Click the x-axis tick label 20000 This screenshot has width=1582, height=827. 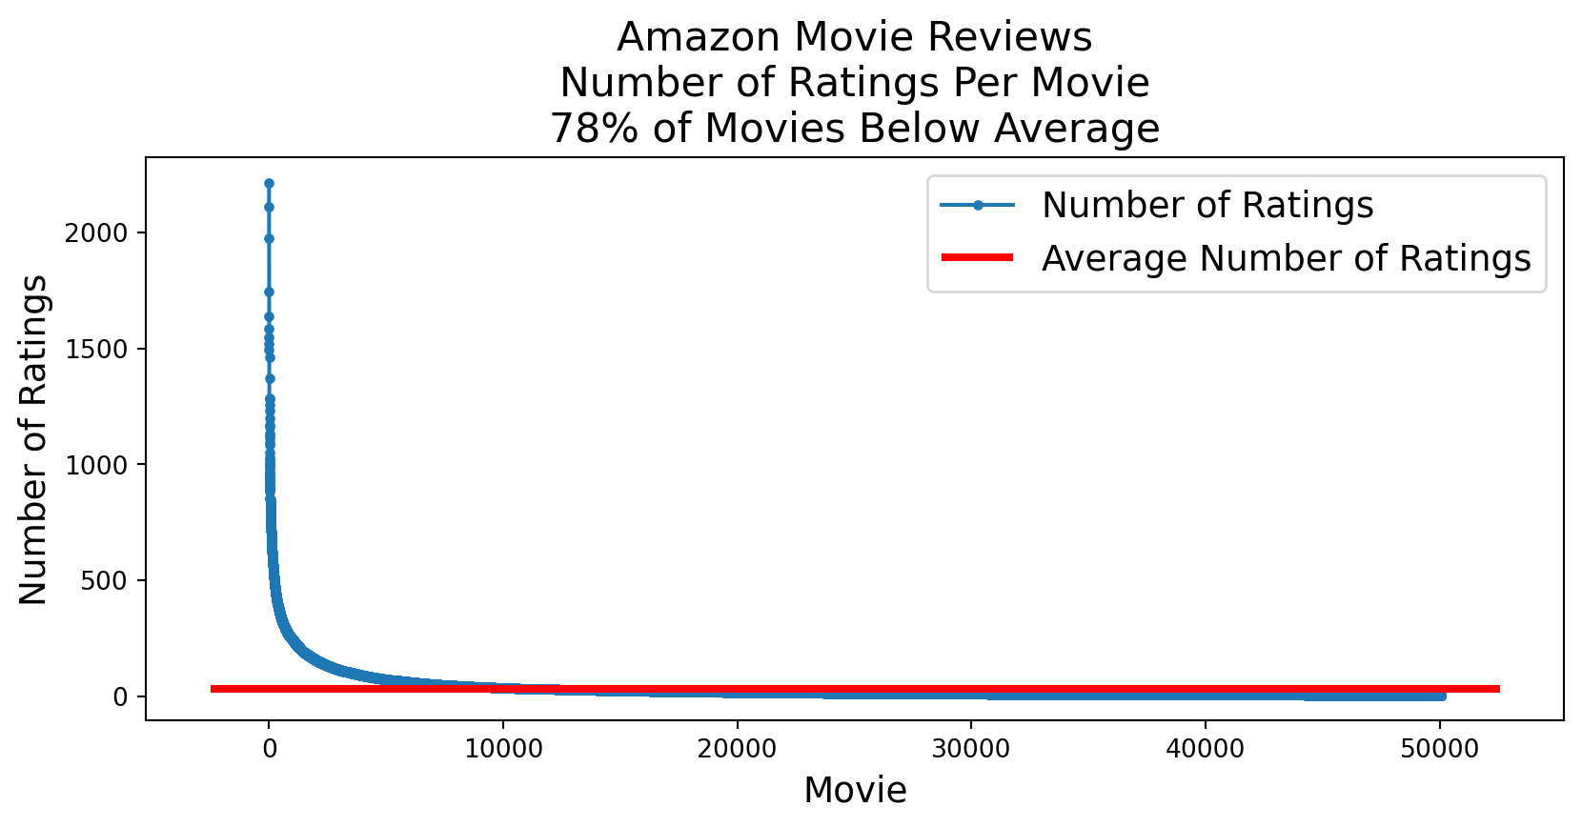(737, 749)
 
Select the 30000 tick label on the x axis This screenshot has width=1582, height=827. (970, 749)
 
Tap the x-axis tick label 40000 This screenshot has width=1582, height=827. (1205, 749)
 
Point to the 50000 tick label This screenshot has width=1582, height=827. (1439, 749)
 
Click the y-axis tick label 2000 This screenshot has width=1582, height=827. (95, 233)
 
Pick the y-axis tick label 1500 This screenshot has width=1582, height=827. (95, 350)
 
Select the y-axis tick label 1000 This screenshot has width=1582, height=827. (95, 465)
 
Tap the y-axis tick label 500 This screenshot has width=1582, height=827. (106, 581)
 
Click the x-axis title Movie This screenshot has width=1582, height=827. (855, 790)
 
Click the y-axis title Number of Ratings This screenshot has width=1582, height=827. (33, 439)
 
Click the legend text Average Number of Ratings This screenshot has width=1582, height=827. (1286, 258)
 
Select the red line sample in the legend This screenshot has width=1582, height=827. (977, 257)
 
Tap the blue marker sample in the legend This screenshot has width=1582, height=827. (977, 205)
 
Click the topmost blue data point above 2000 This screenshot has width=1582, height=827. (269, 183)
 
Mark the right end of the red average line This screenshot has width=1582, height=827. (1497, 689)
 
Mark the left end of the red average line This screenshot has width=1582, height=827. (213, 689)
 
